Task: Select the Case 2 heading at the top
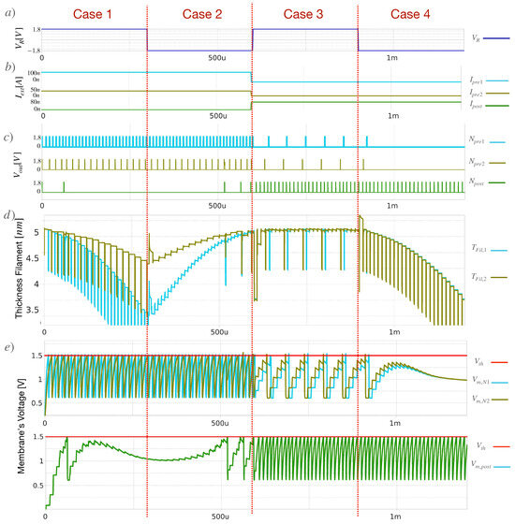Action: point(200,14)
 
